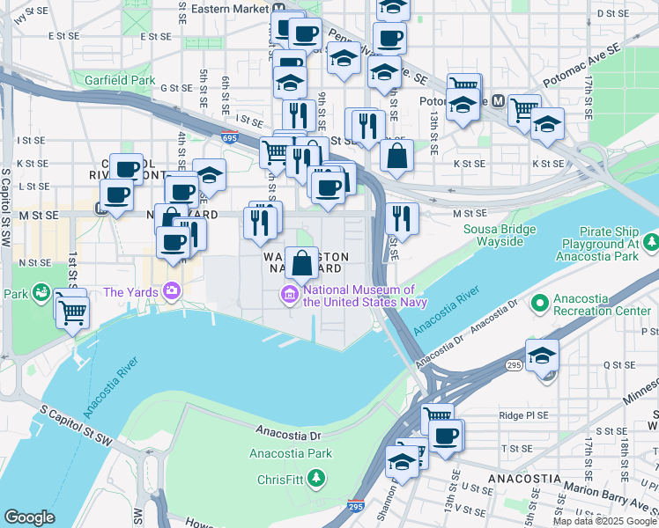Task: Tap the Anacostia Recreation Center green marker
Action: (x=540, y=304)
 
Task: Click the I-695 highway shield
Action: (x=229, y=138)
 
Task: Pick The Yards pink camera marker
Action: (x=172, y=291)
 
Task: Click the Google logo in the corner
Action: (x=29, y=517)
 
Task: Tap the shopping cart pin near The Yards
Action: (x=72, y=311)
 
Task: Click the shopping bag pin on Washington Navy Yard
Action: (x=301, y=262)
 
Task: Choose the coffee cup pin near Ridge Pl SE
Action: (x=446, y=434)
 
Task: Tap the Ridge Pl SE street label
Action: (x=523, y=414)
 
